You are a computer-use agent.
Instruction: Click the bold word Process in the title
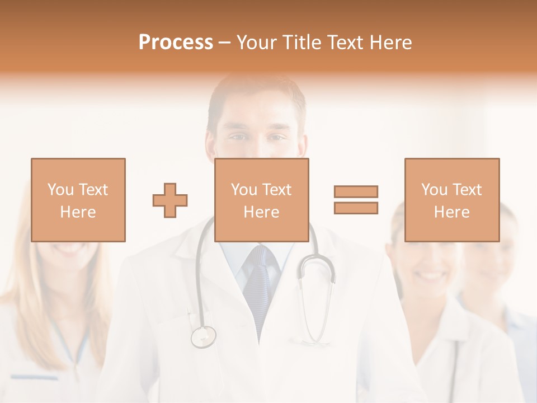176,43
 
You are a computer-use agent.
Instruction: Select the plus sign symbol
170,200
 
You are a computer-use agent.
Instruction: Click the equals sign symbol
356,200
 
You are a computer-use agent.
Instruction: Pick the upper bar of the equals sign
356,191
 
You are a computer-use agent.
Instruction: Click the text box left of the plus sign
78,200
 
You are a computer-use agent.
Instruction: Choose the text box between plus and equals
262,200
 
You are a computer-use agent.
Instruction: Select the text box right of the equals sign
452,200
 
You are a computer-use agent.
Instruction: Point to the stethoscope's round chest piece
203,336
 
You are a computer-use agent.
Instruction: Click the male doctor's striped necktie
260,285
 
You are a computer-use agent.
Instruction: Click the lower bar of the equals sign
356,208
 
